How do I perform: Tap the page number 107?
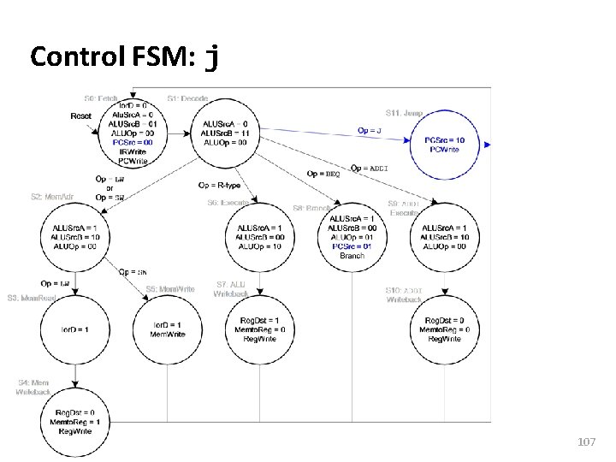pos(586,441)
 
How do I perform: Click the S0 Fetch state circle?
pos(132,132)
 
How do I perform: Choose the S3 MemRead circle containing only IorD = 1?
pos(75,329)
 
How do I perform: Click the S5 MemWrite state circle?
pos(168,329)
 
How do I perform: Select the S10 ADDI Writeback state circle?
pos(444,329)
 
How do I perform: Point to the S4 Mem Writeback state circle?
pos(75,422)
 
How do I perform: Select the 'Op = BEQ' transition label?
pos(323,174)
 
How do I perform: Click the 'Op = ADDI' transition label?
pos(370,169)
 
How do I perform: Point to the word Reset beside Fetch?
pos(81,115)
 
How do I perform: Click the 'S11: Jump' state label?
pos(404,112)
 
